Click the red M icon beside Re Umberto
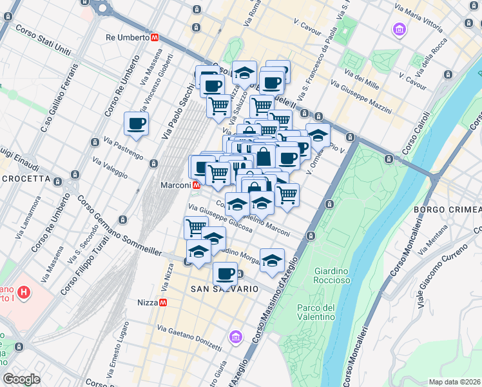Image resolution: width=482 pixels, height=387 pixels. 155,37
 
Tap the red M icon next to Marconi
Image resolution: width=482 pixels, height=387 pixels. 195,185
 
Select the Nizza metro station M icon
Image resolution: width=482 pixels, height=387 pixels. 164,302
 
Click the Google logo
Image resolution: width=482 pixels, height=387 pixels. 22,379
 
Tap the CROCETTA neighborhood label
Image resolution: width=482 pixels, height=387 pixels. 27,179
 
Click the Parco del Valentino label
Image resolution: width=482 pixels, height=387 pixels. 316,312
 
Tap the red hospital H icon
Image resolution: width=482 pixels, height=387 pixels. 24,293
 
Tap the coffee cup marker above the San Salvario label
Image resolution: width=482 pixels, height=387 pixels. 225,273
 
